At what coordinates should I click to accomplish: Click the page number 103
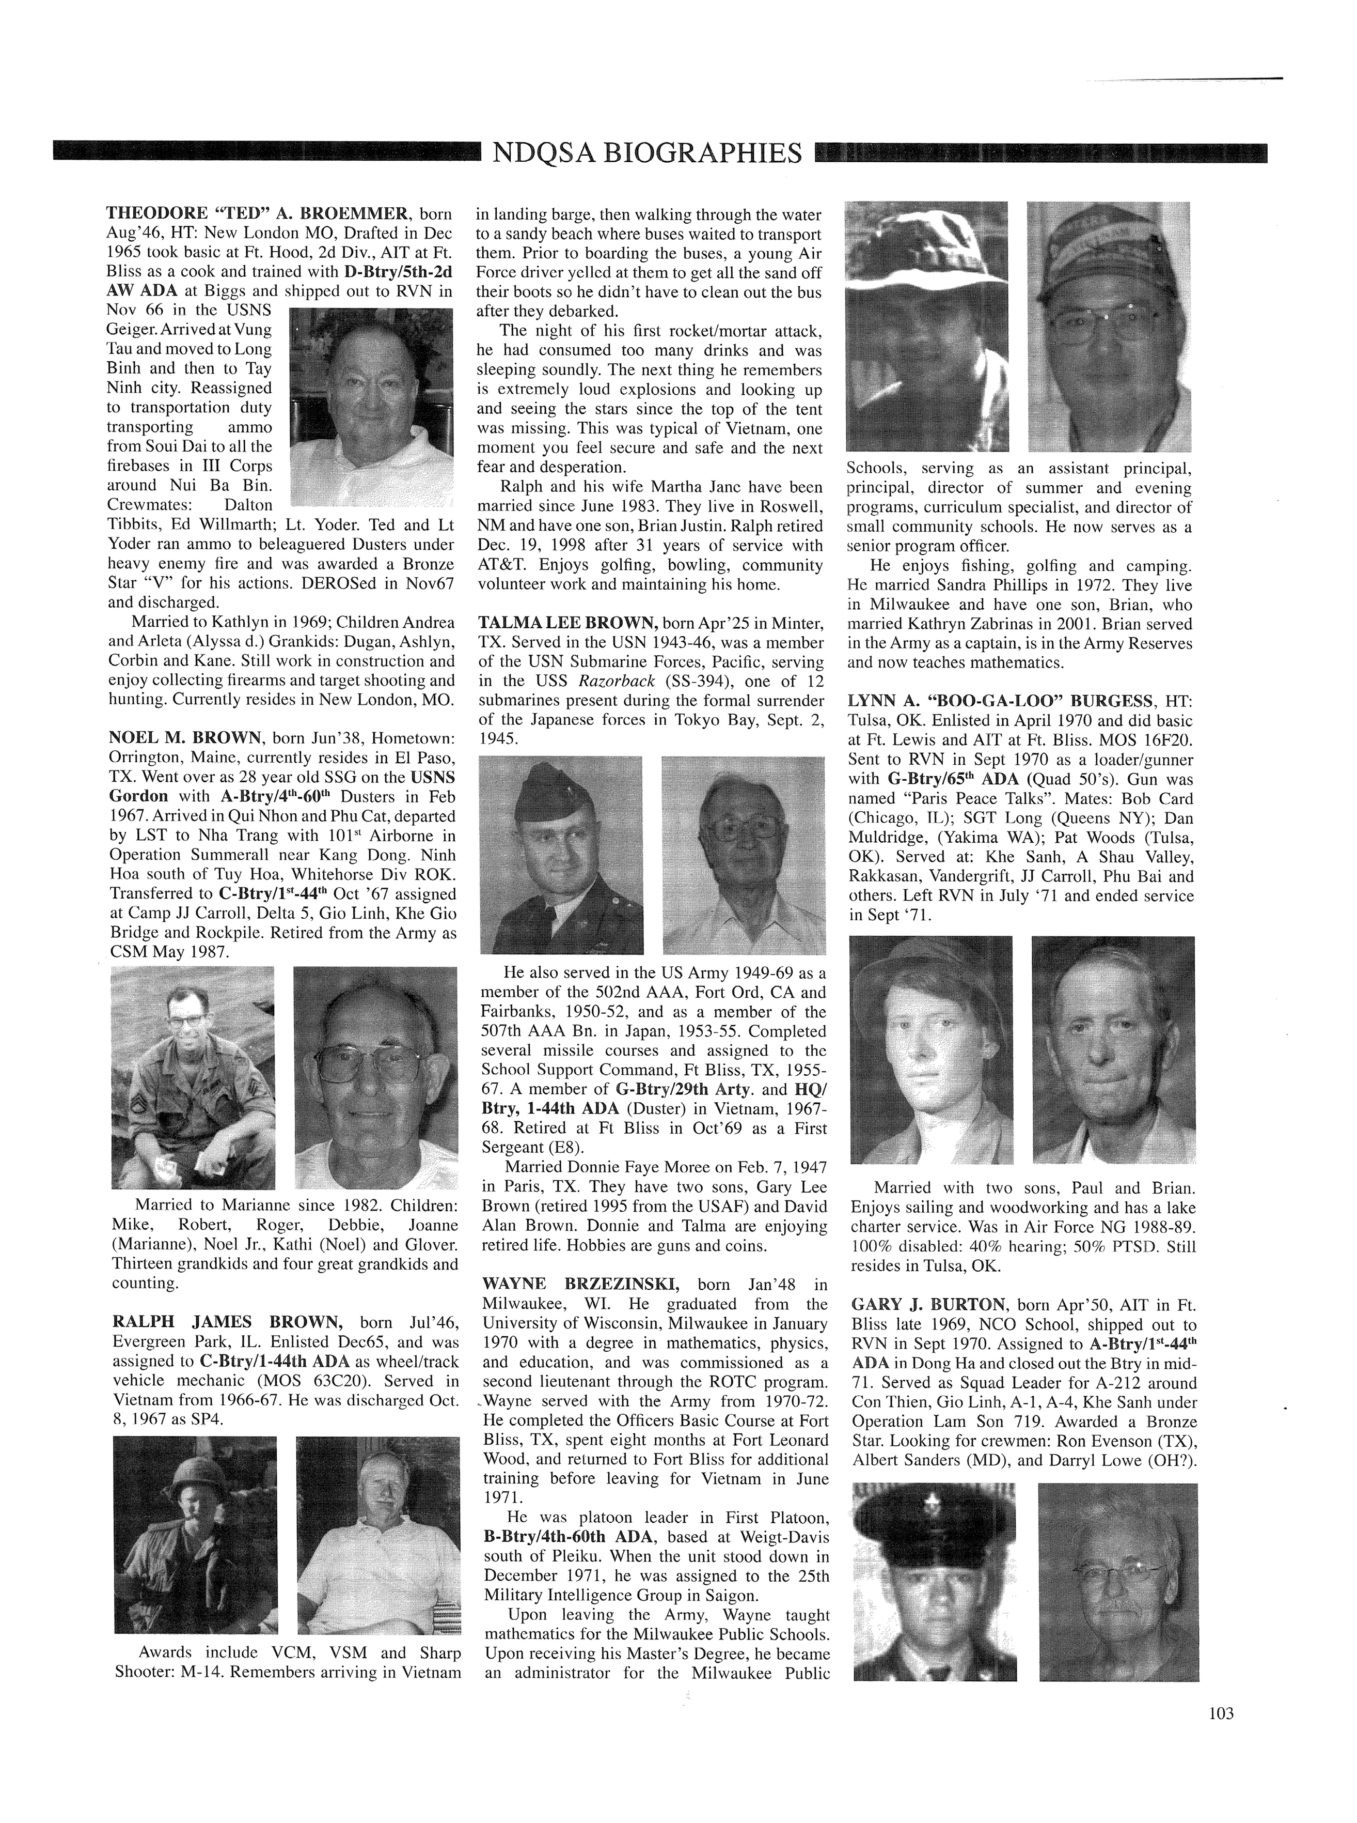click(1221, 1713)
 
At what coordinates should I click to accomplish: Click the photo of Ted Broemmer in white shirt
click(372, 406)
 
